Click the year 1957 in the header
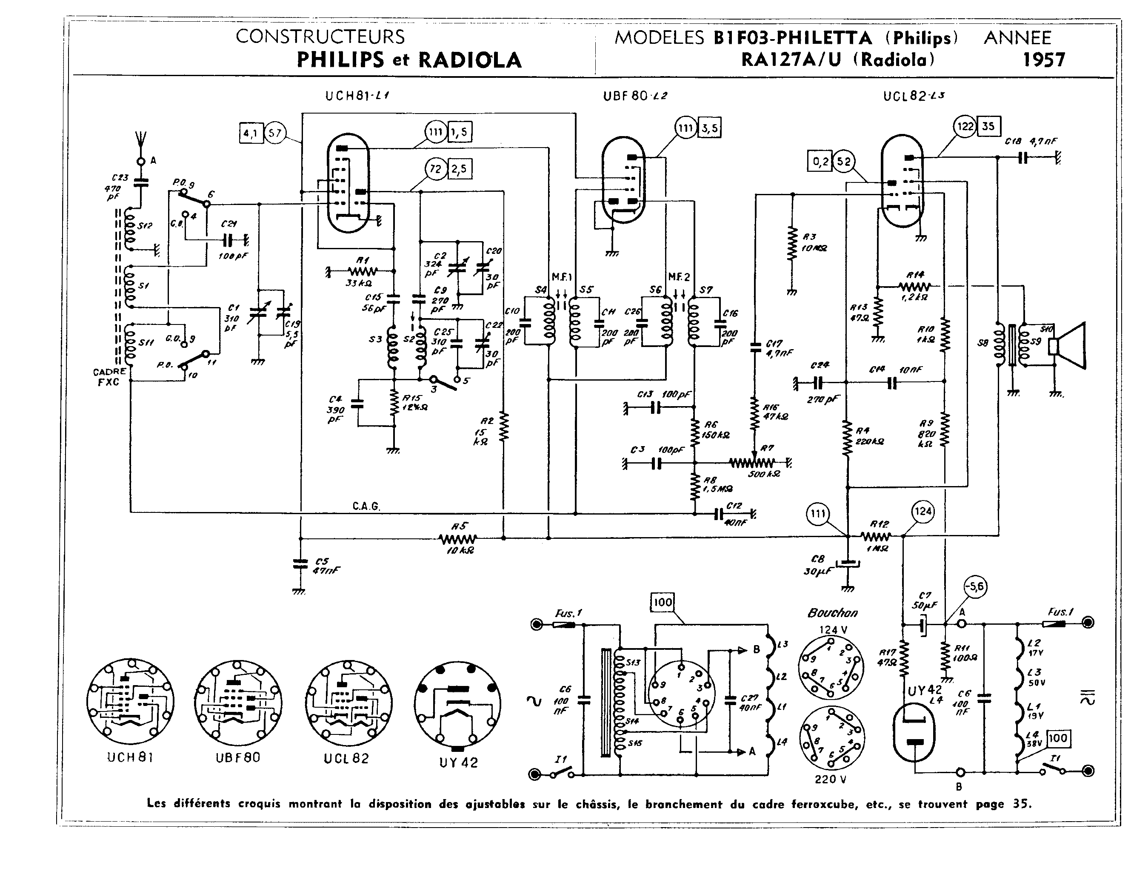coord(1043,60)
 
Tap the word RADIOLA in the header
coord(469,60)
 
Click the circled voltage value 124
coord(923,512)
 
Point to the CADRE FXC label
coord(109,377)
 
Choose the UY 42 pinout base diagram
coord(457,704)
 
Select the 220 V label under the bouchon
coord(830,779)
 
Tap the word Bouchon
coord(832,613)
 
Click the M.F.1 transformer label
coord(562,277)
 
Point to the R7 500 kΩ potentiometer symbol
coord(754,462)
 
